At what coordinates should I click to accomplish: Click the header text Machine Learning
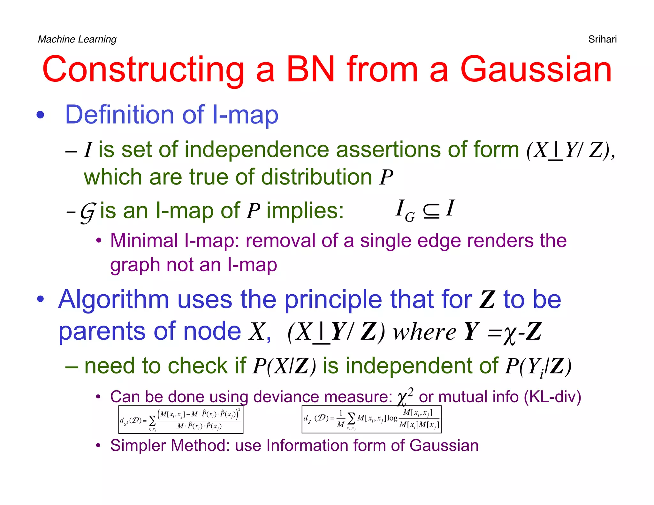[77, 39]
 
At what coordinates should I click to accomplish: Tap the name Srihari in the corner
[602, 39]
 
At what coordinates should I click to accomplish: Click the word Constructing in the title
[143, 69]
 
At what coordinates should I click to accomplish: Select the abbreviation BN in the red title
[310, 69]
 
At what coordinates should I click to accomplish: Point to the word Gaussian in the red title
[536, 69]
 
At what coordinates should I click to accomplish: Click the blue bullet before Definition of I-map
[40, 115]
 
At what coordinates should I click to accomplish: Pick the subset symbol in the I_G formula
[431, 211]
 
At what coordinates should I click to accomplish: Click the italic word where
[424, 332]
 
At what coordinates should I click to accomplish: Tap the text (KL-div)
[552, 397]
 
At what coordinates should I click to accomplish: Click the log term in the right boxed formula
[392, 418]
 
